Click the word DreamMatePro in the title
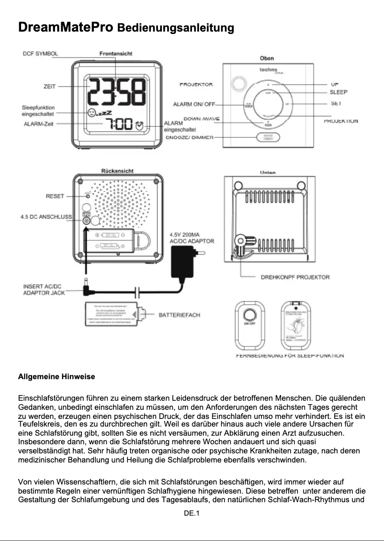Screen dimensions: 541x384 pos(65,27)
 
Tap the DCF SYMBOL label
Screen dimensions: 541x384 pos(41,54)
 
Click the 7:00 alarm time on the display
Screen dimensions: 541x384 pos(119,125)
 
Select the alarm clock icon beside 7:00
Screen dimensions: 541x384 pos(139,125)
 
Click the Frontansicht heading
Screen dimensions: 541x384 pos(116,54)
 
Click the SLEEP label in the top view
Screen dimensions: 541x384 pos(338,92)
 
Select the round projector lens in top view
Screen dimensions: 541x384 pos(237,84)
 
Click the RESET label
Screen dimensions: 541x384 pos(55,196)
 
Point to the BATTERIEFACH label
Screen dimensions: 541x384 pos(180,315)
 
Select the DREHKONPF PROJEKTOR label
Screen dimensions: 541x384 pos(295,277)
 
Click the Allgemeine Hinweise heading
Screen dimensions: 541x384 pos(56,377)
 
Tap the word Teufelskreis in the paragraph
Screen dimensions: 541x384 pos(36,424)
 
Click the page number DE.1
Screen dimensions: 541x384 pos(192,513)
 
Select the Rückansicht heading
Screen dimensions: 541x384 pos(117,171)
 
